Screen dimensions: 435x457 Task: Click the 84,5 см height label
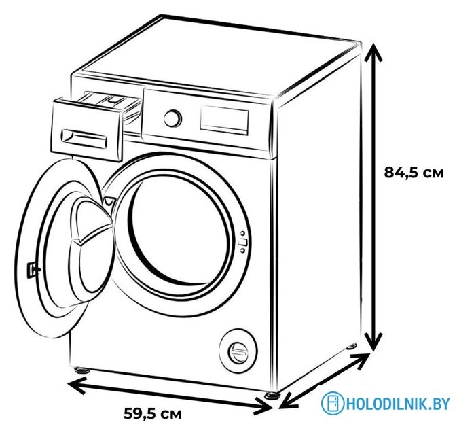coord(414,173)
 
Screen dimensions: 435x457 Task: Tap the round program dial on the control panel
coord(172,118)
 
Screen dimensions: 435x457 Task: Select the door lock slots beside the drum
coord(242,242)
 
